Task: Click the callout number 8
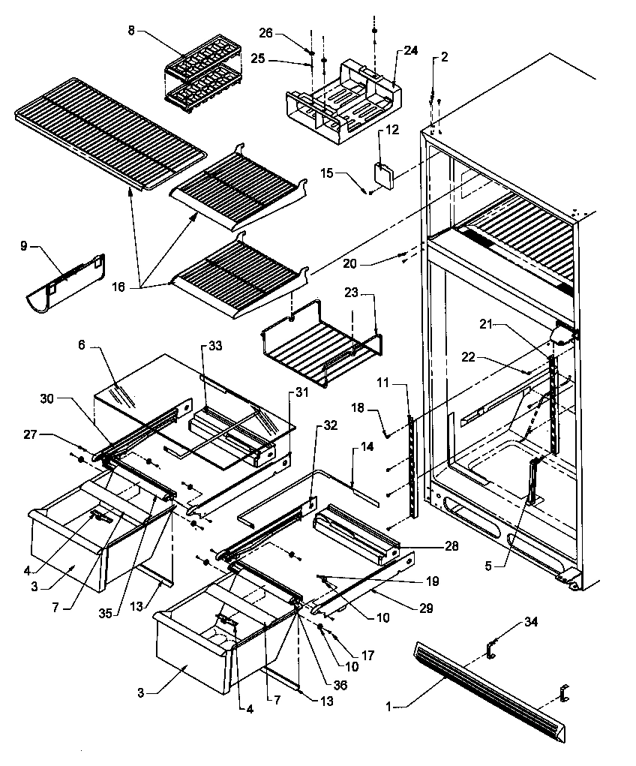coord(132,32)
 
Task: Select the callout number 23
coord(352,292)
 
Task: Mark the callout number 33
coord(215,346)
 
